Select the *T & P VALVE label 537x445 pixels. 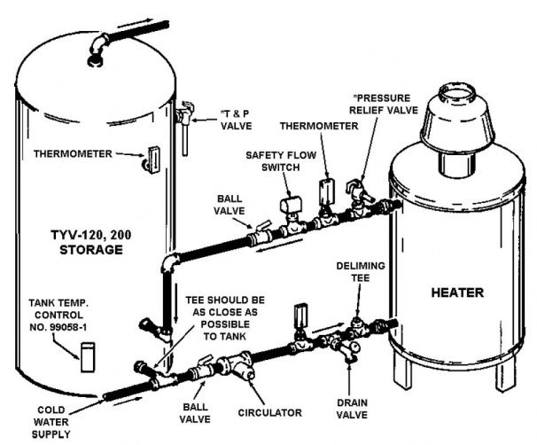(231, 121)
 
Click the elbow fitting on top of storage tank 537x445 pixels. (97, 43)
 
